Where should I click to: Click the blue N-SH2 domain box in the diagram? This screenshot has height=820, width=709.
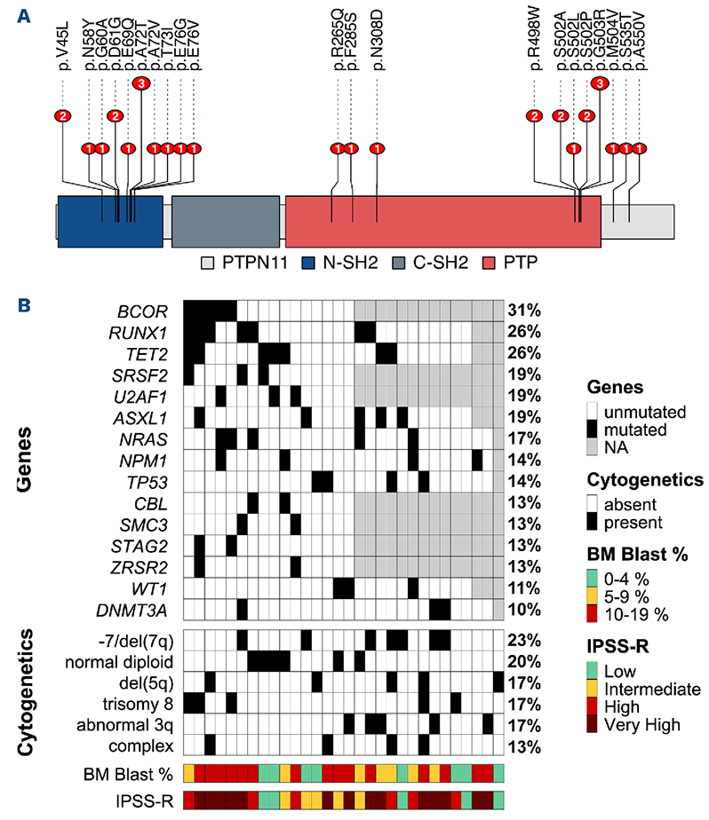pos(109,221)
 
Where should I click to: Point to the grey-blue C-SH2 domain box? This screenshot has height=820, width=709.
pos(224,221)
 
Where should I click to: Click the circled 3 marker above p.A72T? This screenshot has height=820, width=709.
pos(142,83)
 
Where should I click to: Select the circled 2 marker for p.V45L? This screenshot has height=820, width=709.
pos(62,116)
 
